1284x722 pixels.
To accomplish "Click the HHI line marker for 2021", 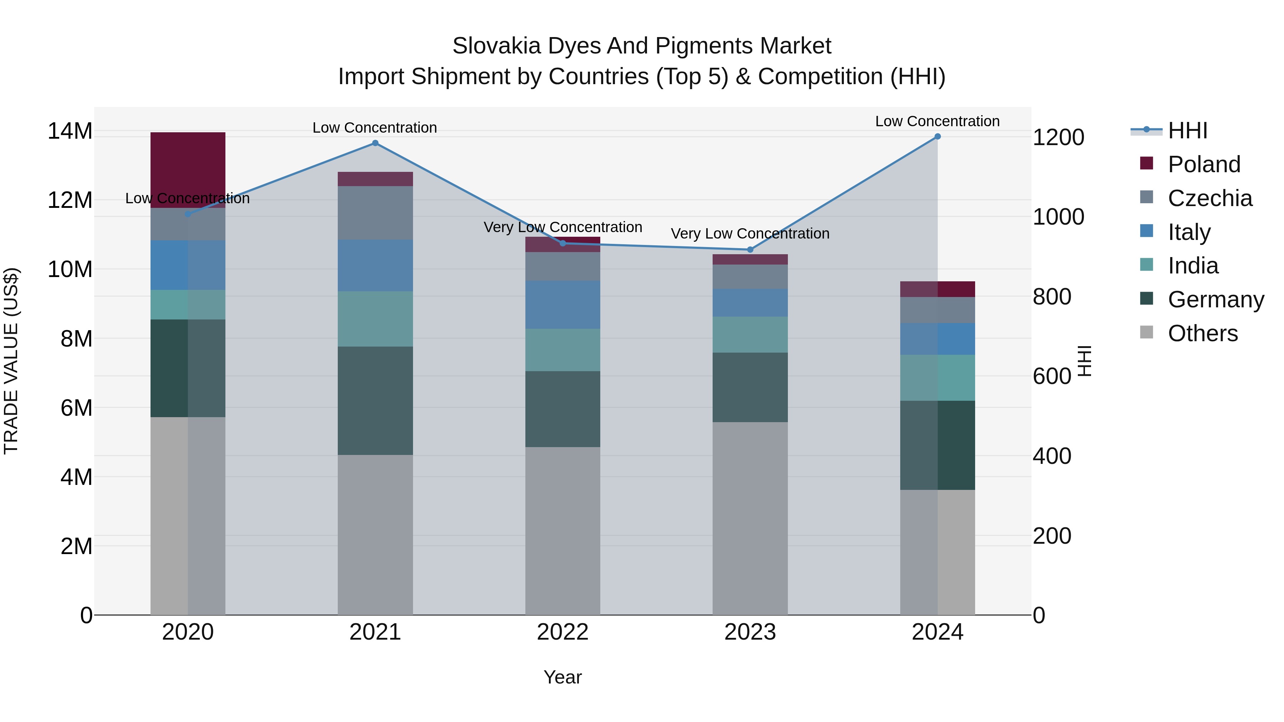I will coord(375,143).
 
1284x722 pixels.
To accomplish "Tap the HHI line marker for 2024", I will coord(938,137).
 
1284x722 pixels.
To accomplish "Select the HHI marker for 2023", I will coord(750,250).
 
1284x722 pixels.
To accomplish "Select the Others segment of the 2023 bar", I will coord(750,518).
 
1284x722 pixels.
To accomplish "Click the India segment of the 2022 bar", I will coord(563,350).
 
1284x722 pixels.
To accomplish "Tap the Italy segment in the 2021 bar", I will coord(375,266).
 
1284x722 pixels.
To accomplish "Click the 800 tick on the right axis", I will coord(1052,297).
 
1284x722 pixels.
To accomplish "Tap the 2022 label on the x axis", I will coord(563,632).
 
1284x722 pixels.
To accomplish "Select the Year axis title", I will coord(563,677).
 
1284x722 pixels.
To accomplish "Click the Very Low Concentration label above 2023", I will coord(750,233).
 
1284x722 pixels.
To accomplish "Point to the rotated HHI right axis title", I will coord(1085,361).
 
